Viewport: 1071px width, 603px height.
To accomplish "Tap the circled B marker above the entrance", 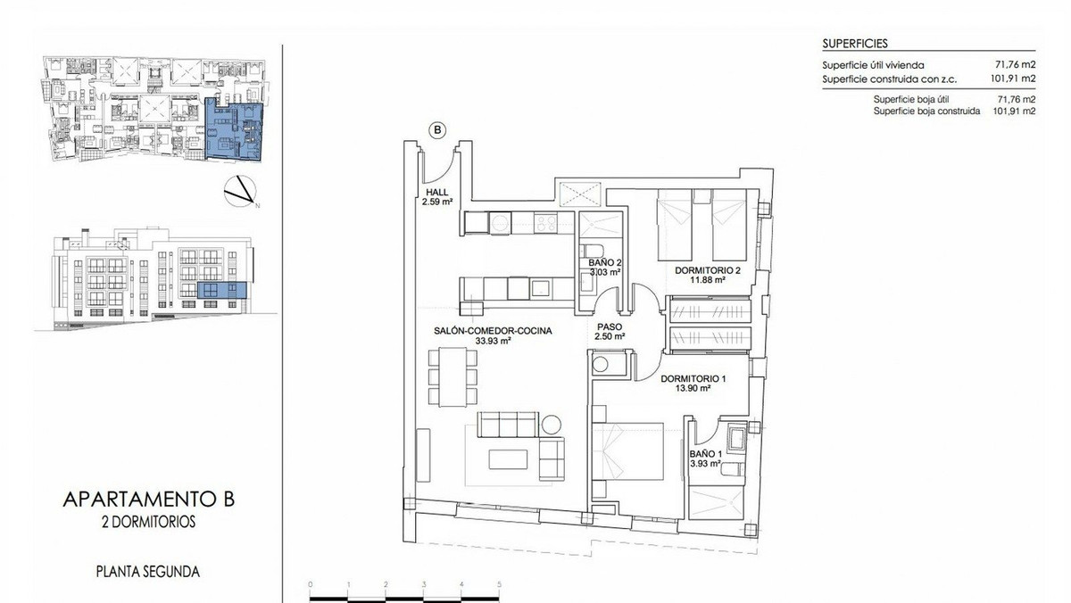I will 437,130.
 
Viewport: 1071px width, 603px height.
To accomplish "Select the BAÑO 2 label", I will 604,262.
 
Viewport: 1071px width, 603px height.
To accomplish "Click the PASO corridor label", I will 610,326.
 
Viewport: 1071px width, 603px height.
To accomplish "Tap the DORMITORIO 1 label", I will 693,378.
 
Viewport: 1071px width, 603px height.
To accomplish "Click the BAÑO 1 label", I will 705,453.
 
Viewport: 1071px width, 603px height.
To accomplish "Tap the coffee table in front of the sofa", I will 512,458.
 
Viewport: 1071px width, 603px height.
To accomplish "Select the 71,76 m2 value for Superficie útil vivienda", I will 1015,65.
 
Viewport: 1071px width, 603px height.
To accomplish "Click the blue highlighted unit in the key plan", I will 234,129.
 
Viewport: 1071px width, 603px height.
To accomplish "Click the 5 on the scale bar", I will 500,584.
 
